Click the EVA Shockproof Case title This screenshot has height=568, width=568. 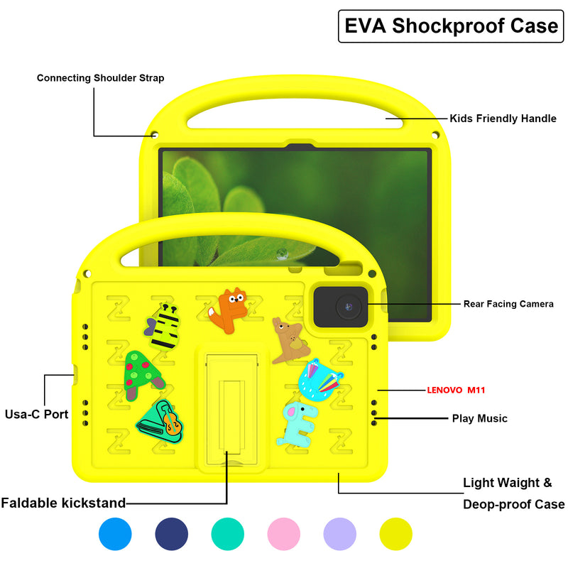[451, 26]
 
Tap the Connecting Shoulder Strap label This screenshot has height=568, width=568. [100, 78]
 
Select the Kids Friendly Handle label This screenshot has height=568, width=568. [503, 119]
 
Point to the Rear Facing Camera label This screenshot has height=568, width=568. [508, 304]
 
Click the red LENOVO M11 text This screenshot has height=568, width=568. [456, 390]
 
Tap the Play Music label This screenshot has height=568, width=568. [479, 418]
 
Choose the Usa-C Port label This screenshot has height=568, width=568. [37, 414]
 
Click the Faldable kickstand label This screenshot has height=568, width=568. [63, 503]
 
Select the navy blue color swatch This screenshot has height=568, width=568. [171, 534]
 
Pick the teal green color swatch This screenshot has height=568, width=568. [228, 534]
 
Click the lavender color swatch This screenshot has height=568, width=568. [340, 534]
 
